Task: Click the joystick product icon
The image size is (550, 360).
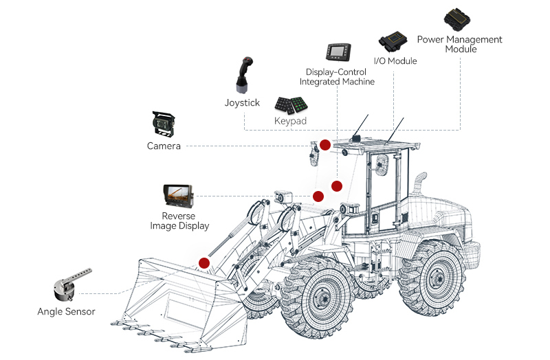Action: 243,75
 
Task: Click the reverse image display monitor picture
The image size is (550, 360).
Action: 178,196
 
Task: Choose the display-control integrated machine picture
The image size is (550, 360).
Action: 337,52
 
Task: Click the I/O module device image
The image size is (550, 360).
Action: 394,42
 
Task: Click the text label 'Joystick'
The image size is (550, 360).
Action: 242,103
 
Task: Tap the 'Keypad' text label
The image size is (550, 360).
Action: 289,121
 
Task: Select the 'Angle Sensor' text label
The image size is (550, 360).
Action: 66,312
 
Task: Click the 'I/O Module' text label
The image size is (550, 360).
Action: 395,61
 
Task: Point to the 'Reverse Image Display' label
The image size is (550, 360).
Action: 179,221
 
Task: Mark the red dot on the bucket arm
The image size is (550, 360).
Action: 204,262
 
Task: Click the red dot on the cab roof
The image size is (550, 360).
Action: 324,144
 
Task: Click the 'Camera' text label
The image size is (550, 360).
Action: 164,146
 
